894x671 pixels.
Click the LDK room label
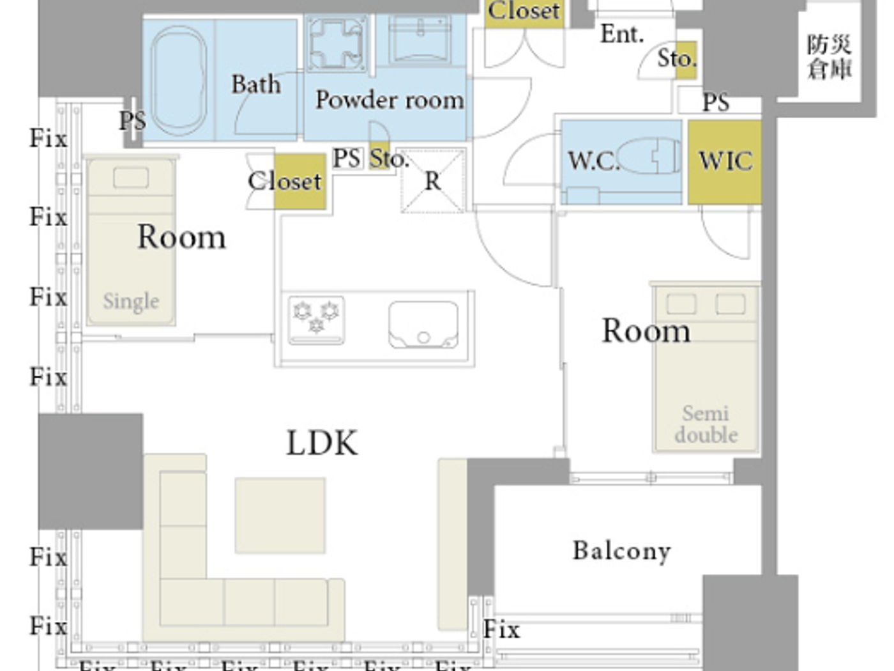coord(322,443)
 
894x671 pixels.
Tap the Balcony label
coord(621,551)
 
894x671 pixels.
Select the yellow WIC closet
coord(724,162)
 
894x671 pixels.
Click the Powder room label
coord(389,100)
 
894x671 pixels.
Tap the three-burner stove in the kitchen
coord(316,318)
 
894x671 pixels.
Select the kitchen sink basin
coord(423,325)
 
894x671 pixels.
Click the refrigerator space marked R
coord(433,181)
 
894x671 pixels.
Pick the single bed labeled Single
coord(131,243)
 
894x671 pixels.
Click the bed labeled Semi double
coord(706,367)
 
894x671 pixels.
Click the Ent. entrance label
coord(621,35)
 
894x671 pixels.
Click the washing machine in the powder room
coord(337,43)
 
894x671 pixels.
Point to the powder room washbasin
coord(420,40)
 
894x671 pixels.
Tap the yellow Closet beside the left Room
coord(299,181)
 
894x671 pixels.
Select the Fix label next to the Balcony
coord(501,629)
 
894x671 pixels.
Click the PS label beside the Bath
coord(132,120)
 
